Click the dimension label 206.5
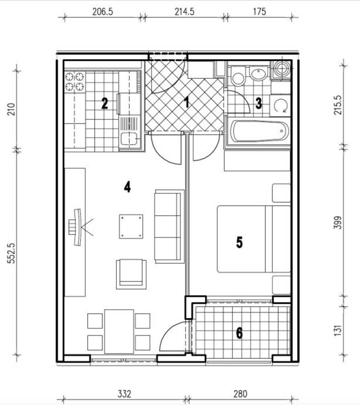103,12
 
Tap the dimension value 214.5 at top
185,12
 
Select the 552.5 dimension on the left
12,253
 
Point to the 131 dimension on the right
338,330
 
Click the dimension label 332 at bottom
124,394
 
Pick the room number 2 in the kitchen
105,103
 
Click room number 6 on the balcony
239,333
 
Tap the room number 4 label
127,187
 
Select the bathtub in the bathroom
259,131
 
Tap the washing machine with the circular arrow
280,106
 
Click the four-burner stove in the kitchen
75,82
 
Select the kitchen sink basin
129,138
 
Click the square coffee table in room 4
131,226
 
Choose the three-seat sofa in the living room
169,226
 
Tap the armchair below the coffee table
131,274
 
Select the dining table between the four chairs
119,331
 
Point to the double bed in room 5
254,239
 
